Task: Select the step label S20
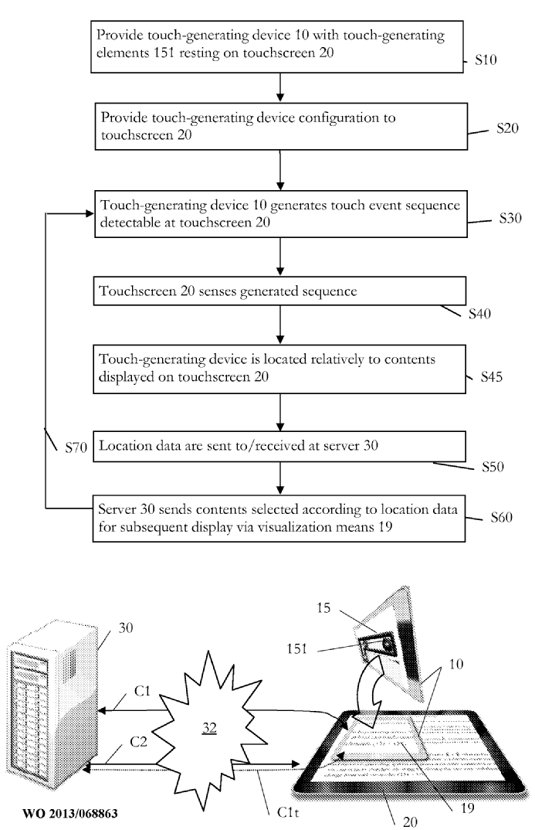point(505,130)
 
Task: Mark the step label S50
point(492,468)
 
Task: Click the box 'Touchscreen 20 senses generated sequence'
point(281,291)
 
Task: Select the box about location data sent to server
point(281,445)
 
